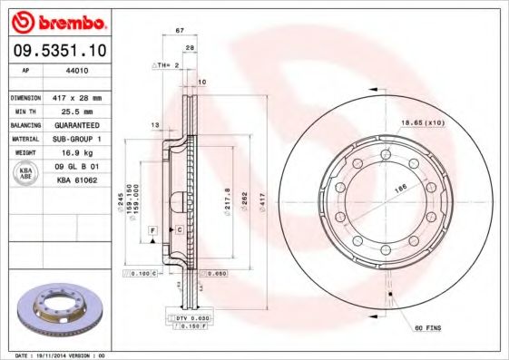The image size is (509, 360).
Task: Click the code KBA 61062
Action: (x=77, y=180)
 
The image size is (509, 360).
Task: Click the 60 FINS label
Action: (x=428, y=326)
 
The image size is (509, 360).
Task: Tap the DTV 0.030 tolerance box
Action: (x=193, y=318)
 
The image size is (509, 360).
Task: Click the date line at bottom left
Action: (x=62, y=355)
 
